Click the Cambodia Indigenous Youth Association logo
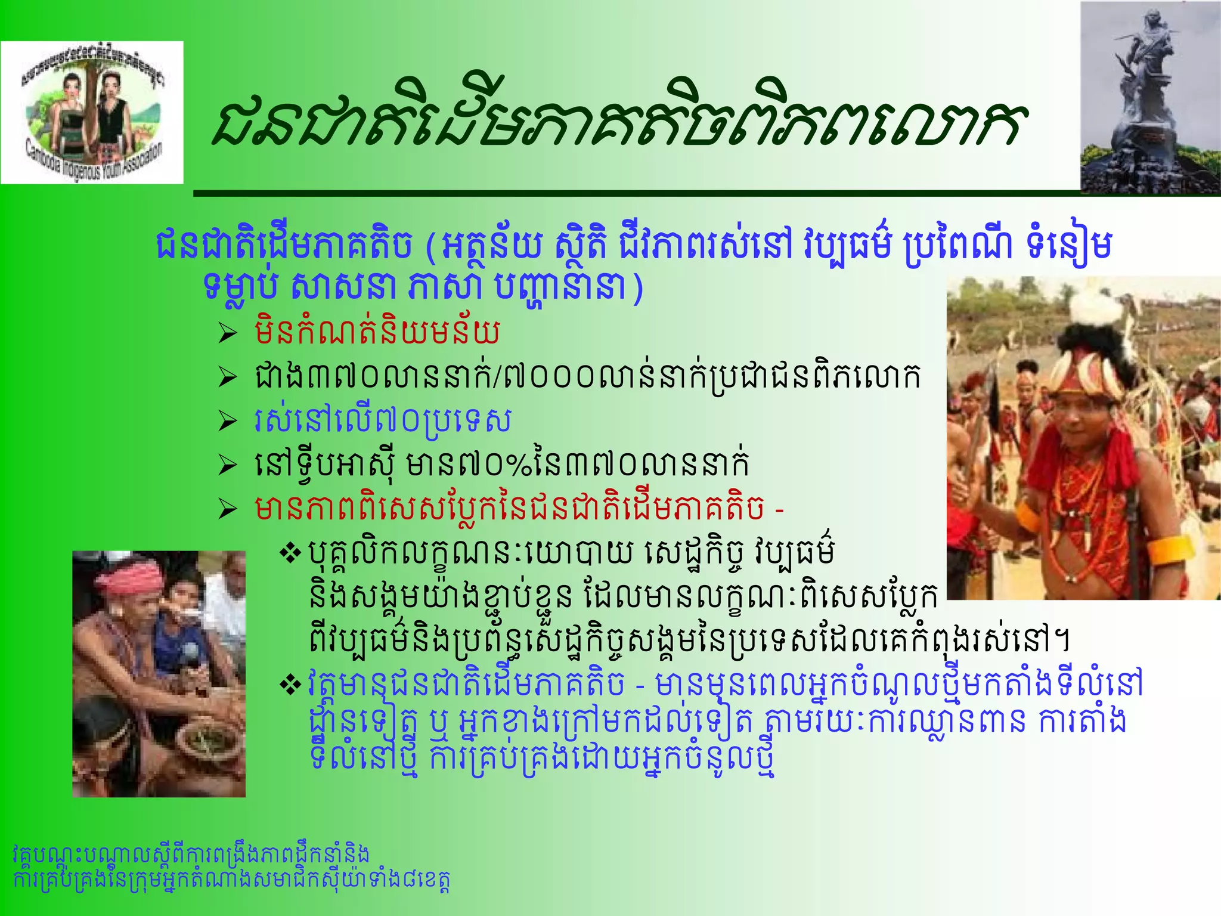coord(92,112)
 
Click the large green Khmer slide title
coord(617,122)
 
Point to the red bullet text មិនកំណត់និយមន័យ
coord(377,332)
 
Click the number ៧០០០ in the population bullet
coord(548,377)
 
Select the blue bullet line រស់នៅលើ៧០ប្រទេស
coord(382,420)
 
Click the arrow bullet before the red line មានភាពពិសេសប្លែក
coord(227,509)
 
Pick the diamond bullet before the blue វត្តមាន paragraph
coord(291,685)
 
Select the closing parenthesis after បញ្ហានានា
coord(639,288)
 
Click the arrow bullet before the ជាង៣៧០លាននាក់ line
coord(227,377)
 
